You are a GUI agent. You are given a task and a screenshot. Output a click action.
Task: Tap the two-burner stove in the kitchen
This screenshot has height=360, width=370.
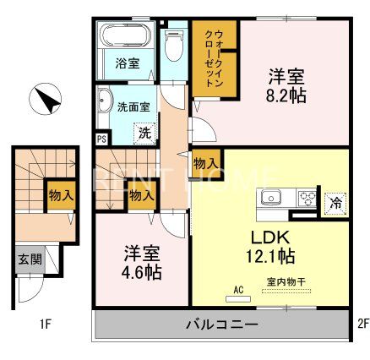pyautogui.click(x=306, y=200)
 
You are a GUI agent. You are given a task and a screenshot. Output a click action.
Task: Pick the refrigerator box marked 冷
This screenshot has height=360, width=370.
pyautogui.click(x=335, y=202)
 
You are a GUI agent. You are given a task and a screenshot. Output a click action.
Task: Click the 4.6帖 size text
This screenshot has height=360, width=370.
pyautogui.click(x=142, y=274)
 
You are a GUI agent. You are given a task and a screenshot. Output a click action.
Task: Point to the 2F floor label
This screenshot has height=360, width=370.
pyautogui.click(x=361, y=322)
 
